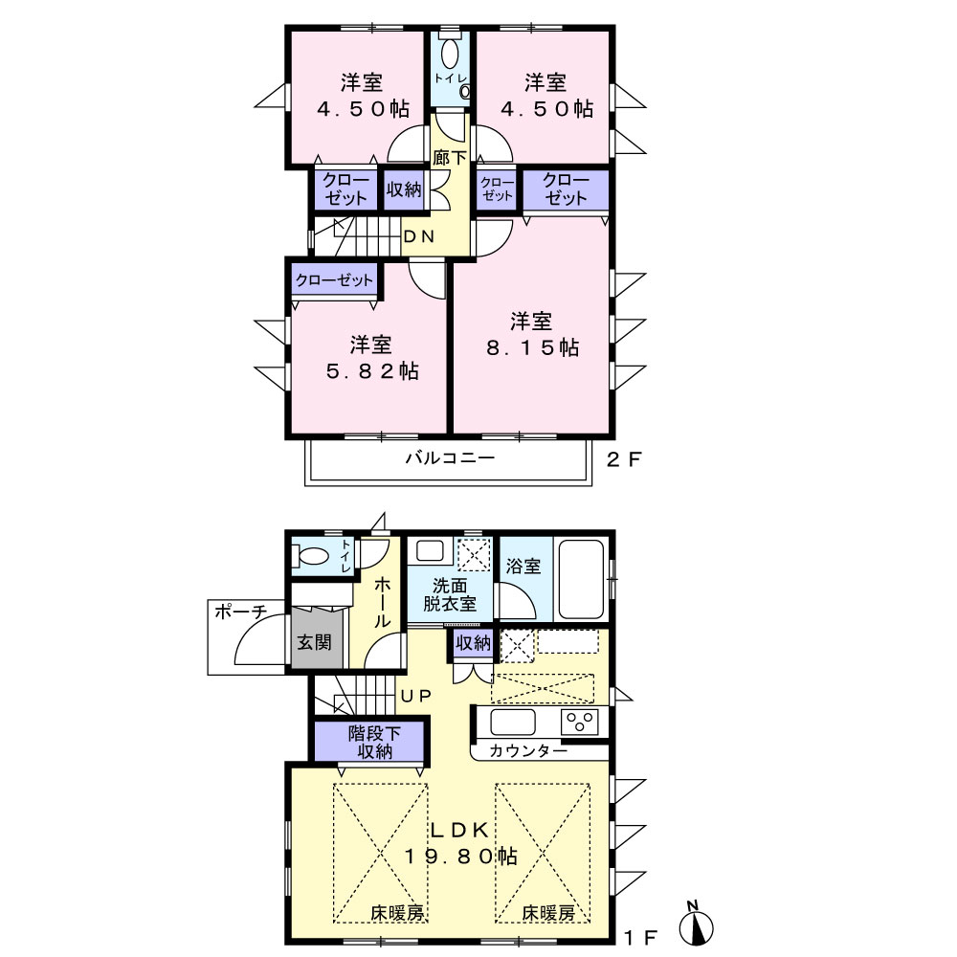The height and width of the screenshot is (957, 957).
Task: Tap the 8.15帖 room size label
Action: click(x=532, y=347)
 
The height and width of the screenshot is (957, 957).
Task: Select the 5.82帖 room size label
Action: click(x=372, y=370)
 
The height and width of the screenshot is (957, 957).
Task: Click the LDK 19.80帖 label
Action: click(x=461, y=843)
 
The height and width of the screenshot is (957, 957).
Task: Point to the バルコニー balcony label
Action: click(x=451, y=457)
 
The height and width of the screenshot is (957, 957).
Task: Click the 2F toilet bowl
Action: click(x=450, y=54)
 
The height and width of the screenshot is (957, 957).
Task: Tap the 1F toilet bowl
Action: click(x=312, y=556)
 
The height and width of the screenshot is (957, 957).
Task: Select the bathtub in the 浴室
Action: click(x=581, y=579)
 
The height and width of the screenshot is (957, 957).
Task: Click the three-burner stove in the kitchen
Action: click(x=579, y=722)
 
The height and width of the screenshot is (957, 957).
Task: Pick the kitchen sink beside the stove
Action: click(x=513, y=722)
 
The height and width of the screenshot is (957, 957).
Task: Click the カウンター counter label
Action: click(x=528, y=750)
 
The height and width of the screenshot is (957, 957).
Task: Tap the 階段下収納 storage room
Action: click(x=369, y=742)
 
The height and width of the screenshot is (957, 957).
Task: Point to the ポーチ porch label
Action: click(x=241, y=612)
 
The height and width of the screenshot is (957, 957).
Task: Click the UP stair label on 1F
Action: click(x=415, y=695)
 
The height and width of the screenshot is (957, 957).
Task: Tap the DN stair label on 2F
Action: click(x=419, y=236)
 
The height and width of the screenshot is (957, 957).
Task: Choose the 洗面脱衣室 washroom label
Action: click(x=450, y=595)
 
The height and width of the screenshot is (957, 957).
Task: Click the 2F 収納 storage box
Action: click(x=404, y=189)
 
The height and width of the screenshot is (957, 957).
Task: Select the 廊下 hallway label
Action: click(x=449, y=158)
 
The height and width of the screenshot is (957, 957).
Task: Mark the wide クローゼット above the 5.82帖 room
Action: click(x=334, y=280)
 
